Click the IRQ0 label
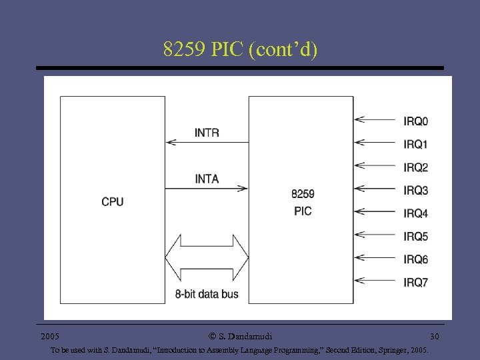pos(415,121)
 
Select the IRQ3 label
pos(415,191)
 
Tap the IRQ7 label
pos(415,283)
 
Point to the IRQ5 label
pos(415,237)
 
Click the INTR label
pos(207,133)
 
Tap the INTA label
pos(207,179)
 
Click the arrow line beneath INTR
pos(207,142)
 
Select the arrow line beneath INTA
pos(207,189)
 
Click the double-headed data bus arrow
pos(207,257)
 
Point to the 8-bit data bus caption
pos(207,293)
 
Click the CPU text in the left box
pos(113,201)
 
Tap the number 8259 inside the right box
pos(303,194)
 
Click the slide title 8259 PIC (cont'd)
pos(240,49)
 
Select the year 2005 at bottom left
pos(51,337)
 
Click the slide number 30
pos(434,337)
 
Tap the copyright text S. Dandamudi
pos(240,337)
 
